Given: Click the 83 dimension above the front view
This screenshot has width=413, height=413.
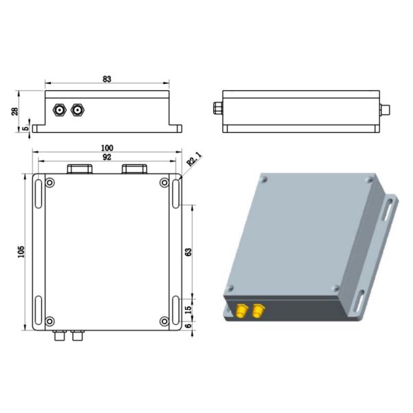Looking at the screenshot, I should (x=107, y=79).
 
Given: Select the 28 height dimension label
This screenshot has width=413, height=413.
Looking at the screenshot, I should (x=15, y=111).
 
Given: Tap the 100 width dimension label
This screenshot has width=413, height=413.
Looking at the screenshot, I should (x=107, y=148).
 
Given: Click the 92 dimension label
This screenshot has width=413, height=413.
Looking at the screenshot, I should (x=107, y=158).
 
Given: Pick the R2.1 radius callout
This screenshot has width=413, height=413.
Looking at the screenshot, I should (x=196, y=159).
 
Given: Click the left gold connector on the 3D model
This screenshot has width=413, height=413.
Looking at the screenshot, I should (x=242, y=311).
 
